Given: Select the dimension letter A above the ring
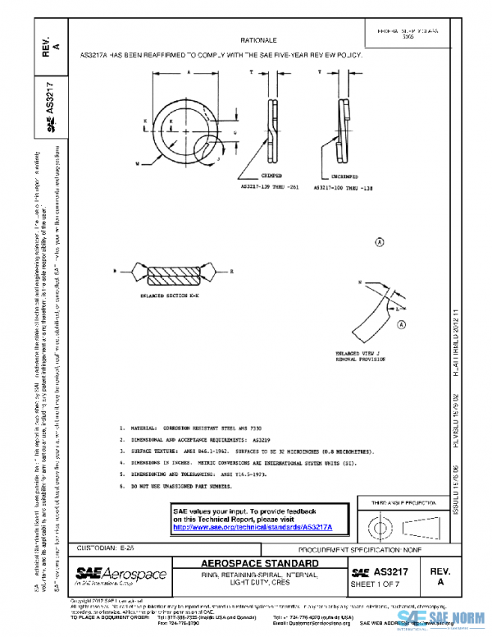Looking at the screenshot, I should click(188, 72).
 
